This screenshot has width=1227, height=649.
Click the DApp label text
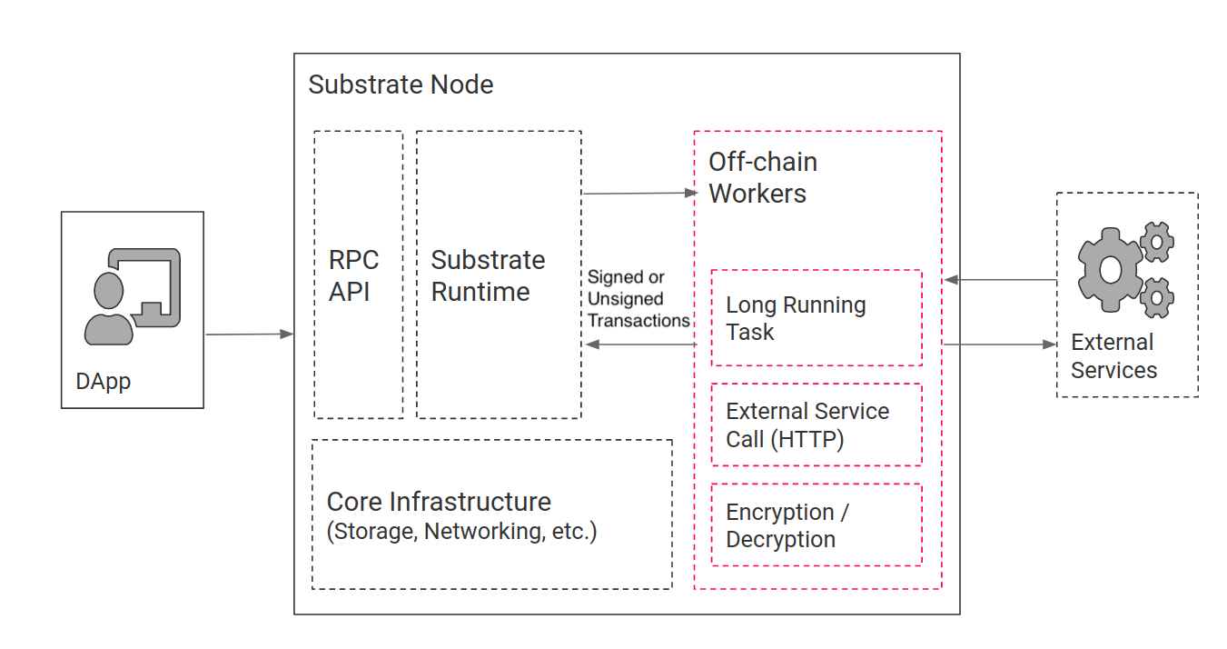[x=103, y=381]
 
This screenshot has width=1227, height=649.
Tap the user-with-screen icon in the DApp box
[x=133, y=296]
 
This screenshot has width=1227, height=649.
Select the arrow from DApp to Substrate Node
[x=250, y=334]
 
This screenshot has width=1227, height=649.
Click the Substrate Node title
[x=401, y=85]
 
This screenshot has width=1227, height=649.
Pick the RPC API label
[x=353, y=275]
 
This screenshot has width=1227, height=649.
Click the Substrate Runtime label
[x=488, y=275]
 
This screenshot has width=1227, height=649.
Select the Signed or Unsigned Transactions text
[x=638, y=299]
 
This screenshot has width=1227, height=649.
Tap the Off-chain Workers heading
[x=762, y=177]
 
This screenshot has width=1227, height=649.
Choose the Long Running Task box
[x=816, y=318]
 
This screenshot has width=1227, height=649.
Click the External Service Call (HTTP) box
[x=816, y=424]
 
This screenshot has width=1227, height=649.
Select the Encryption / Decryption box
[x=816, y=524]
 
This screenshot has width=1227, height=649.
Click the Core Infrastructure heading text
[x=439, y=502]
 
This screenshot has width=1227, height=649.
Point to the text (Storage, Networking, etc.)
[x=461, y=532]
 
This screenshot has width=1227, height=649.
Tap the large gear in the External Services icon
[x=1109, y=269]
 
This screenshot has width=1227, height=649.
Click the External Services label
[x=1113, y=356]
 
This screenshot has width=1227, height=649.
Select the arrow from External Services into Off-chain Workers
[x=999, y=280]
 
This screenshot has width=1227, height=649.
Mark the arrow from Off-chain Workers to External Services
[x=999, y=344]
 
